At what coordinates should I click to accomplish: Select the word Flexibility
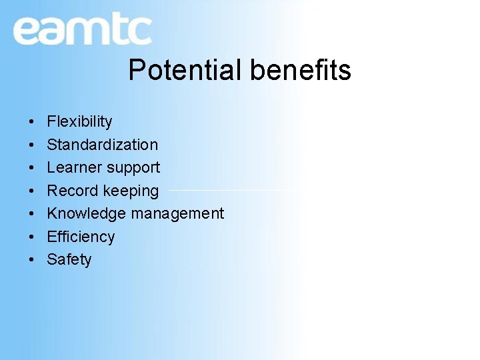point(79,121)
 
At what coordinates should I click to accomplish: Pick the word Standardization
point(102,145)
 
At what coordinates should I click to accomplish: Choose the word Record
point(71,191)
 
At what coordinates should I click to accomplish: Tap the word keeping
point(130,191)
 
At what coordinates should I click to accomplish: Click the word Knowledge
point(86,213)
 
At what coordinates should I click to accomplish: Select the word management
point(177,214)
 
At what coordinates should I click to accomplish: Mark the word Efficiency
point(81,237)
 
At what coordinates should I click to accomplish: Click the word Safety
point(69,259)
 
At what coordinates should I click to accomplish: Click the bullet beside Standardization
point(32,145)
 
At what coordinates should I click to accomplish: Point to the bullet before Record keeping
point(32,191)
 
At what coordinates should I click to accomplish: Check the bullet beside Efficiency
point(32,237)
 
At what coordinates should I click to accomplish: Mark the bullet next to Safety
point(32,260)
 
